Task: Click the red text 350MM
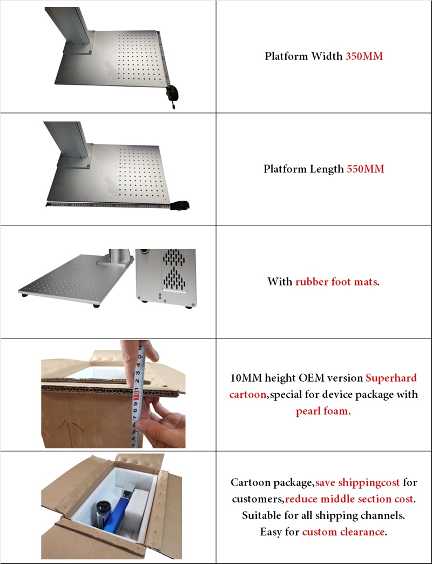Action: tap(364, 56)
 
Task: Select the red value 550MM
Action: tap(365, 169)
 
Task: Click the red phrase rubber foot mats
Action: tap(336, 281)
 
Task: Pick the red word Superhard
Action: tap(391, 378)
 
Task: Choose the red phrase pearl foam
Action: tap(323, 411)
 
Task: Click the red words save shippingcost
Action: tap(357, 482)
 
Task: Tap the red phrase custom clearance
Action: tap(343, 532)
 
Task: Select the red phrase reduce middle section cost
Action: tap(349, 499)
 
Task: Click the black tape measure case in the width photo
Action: tap(171, 93)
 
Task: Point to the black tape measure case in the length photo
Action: tap(180, 205)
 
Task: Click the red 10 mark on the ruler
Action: tap(137, 395)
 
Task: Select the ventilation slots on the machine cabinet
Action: tap(174, 270)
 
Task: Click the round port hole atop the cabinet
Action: tap(144, 251)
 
